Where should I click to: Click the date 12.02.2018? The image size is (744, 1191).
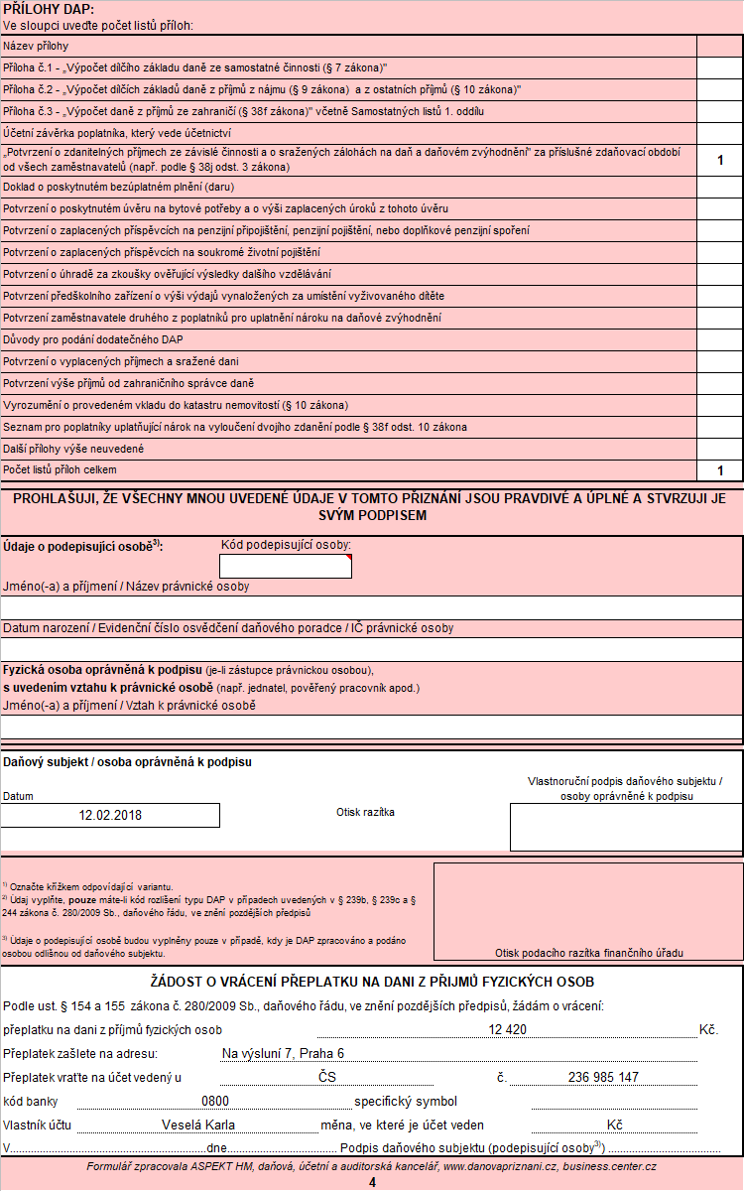pos(110,815)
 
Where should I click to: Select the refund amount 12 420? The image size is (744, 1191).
pos(507,1030)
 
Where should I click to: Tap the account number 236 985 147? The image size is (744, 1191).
pos(603,1077)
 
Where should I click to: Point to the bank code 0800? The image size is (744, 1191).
pos(215,1101)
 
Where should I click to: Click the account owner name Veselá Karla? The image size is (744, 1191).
pos(199,1125)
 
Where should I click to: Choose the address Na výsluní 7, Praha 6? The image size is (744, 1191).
pos(283,1053)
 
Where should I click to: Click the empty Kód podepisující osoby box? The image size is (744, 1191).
pos(285,566)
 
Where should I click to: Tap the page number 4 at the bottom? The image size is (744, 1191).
pos(372,1182)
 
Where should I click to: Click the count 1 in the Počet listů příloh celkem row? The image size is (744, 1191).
pos(720,470)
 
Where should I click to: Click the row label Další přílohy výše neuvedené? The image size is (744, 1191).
pos(74,449)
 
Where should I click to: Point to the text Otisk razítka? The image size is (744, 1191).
pos(365,812)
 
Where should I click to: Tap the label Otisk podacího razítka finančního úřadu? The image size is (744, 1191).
pos(588,953)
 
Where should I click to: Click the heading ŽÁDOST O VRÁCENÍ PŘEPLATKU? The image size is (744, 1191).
pos(372,983)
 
